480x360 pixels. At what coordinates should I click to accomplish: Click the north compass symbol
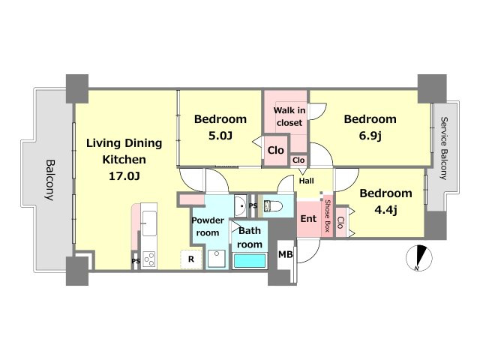418,258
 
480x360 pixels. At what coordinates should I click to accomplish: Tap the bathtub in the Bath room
250,261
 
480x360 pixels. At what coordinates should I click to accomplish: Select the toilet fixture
273,206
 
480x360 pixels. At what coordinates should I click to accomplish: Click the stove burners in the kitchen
149,259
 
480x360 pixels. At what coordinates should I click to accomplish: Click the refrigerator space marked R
191,259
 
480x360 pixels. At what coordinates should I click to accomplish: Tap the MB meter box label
285,254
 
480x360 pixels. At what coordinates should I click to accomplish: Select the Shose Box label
328,216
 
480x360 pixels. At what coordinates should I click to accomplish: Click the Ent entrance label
308,218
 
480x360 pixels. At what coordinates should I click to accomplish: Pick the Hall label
307,181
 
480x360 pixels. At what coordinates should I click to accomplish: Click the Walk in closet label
289,116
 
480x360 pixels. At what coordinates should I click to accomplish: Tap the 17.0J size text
124,176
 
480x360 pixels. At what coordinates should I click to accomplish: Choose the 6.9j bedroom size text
370,136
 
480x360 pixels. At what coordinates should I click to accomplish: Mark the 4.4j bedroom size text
385,210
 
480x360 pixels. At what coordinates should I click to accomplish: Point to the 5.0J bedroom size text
220,135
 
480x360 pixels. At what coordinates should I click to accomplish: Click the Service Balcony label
443,148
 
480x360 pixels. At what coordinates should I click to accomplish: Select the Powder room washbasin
241,205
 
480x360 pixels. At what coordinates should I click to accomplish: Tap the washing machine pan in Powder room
216,259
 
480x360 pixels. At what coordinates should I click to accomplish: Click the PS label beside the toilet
253,205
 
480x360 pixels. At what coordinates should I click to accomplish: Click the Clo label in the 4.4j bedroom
340,223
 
